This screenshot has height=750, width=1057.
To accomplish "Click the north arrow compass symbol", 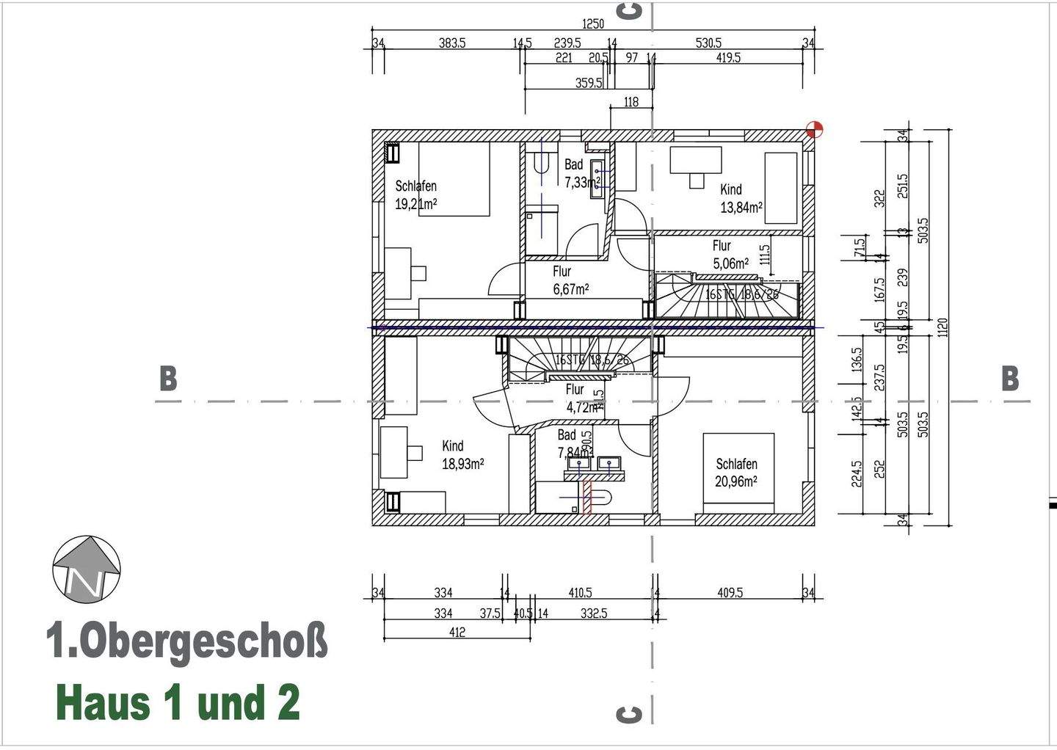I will coord(87,569).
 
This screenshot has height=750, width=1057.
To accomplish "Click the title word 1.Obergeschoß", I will coord(187,641).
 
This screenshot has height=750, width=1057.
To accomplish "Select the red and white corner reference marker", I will coord(814,130).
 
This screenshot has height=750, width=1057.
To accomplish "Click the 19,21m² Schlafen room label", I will coord(416,195).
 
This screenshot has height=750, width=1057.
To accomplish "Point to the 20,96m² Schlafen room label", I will coord(736,473).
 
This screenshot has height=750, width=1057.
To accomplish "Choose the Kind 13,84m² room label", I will coord(741,198).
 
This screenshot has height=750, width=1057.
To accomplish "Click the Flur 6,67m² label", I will coord(570,280).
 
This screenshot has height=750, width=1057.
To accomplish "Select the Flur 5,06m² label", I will coord(730,255).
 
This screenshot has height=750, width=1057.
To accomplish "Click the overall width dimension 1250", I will coord(592,24).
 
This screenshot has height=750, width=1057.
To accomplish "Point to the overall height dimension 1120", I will coord(943,327).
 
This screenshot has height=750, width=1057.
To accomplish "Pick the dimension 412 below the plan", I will coord(457,632).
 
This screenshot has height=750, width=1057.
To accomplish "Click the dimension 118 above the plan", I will coord(631,102).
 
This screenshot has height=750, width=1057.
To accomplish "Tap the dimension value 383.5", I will coord(452,43).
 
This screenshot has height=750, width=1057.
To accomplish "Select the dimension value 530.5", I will coord(708,43).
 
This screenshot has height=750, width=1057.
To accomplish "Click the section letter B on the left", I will coord(168,379).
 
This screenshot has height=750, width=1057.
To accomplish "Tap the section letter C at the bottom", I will coord(630,714).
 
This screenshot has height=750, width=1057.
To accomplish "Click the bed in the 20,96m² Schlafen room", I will coord(738,473).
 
